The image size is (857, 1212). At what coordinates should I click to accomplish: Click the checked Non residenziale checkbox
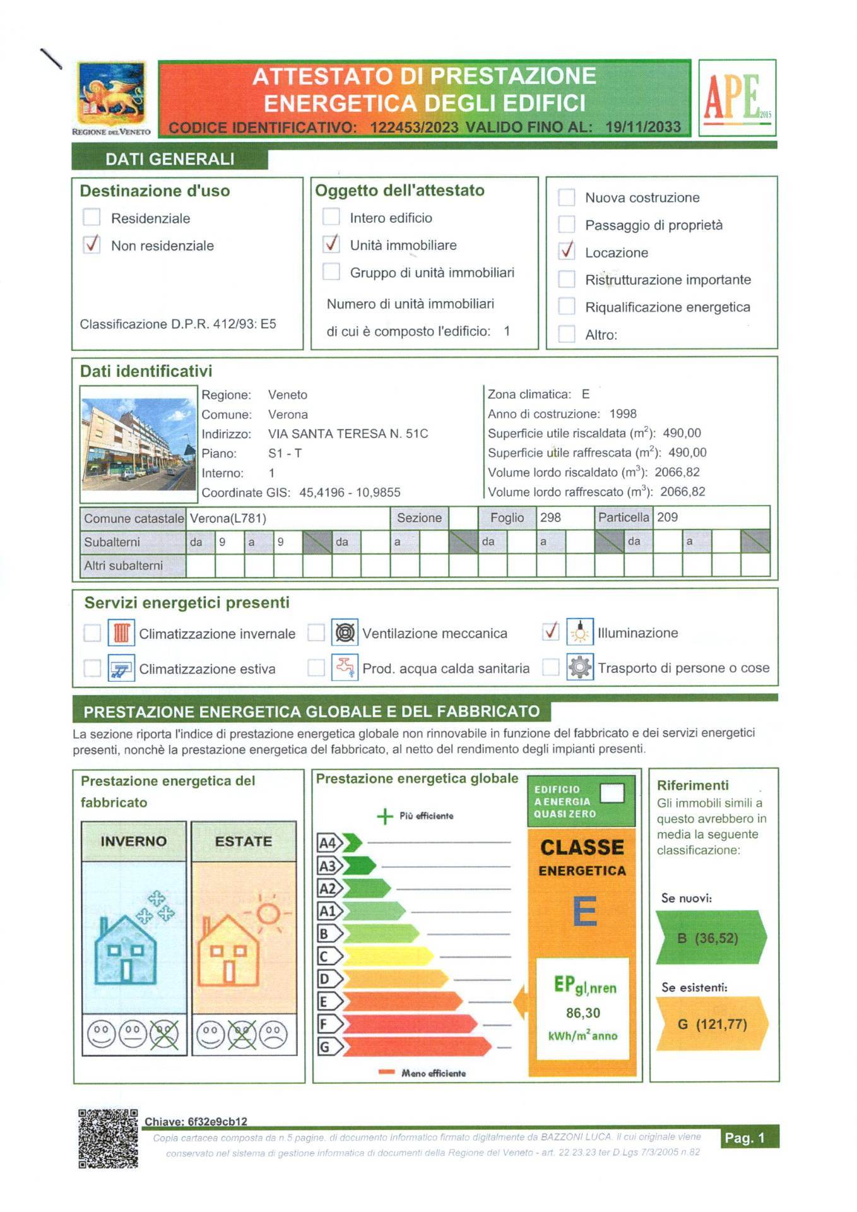(92, 244)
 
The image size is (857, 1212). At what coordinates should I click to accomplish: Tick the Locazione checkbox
(567, 251)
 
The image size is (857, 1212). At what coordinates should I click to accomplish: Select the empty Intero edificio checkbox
(331, 217)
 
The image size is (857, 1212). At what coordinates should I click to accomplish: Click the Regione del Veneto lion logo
(112, 93)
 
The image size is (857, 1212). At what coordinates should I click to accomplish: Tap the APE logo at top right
(737, 97)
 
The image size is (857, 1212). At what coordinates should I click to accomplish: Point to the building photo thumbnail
(138, 444)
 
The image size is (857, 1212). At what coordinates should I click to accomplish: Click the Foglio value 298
(550, 518)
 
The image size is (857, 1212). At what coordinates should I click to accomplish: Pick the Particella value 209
(667, 518)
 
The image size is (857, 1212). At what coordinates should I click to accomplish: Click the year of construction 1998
(623, 414)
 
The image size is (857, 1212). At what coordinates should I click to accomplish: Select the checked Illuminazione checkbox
(551, 631)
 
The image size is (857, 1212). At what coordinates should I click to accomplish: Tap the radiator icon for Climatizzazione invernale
(121, 633)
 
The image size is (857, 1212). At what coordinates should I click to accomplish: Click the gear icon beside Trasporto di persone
(579, 667)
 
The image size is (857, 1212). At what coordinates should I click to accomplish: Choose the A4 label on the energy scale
(328, 843)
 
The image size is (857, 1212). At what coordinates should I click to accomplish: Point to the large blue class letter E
(584, 912)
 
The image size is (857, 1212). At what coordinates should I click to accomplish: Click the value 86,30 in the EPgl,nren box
(582, 1013)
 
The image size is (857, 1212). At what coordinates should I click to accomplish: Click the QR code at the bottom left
(108, 1138)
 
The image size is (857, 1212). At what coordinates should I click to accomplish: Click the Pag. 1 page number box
(749, 1137)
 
